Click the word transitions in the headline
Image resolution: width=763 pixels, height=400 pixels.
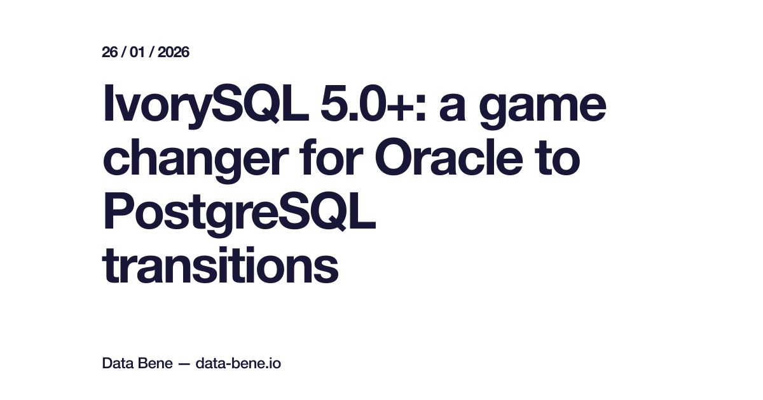220,266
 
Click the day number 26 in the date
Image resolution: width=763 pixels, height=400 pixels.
110,52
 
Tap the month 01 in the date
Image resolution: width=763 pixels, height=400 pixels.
138,52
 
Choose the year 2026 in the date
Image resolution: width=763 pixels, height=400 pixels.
173,52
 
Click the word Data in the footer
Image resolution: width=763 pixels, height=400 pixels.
116,364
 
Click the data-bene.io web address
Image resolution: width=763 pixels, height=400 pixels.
238,364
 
